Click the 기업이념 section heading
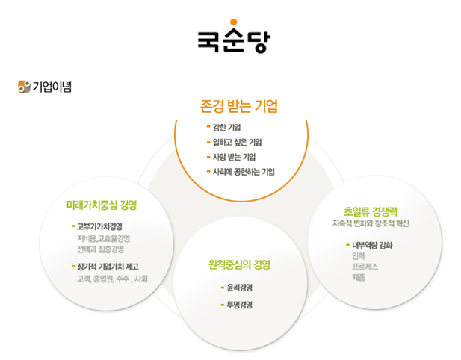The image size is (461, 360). click(x=52, y=86)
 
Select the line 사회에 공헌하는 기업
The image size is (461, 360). click(x=244, y=172)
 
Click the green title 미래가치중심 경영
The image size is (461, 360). click(x=102, y=204)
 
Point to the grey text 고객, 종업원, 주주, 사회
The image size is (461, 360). click(x=112, y=279)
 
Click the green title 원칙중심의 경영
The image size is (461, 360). click(x=239, y=264)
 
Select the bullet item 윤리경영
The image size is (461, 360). click(x=239, y=288)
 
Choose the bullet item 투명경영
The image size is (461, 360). click(x=239, y=305)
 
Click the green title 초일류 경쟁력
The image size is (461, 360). click(x=371, y=211)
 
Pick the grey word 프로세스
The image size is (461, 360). click(x=366, y=266)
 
